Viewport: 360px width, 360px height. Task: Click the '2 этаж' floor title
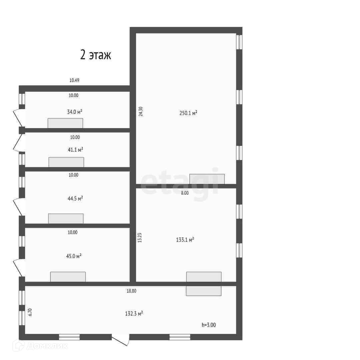pyautogui.click(x=96, y=55)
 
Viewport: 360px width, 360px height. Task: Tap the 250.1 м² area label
pyautogui.click(x=188, y=113)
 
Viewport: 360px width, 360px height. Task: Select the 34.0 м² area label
pyautogui.click(x=75, y=112)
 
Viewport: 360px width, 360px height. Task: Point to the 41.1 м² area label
pyautogui.click(x=75, y=150)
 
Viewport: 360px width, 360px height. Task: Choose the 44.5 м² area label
pyautogui.click(x=75, y=198)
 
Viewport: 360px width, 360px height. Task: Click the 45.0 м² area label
pyautogui.click(x=74, y=256)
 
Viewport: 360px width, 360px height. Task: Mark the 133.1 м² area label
pyautogui.click(x=185, y=240)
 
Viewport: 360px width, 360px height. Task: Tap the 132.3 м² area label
pyautogui.click(x=134, y=313)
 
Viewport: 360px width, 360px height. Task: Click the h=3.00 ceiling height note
pyautogui.click(x=209, y=325)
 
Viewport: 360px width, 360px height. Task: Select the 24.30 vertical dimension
pyautogui.click(x=141, y=112)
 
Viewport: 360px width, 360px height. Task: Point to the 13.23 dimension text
pyautogui.click(x=140, y=238)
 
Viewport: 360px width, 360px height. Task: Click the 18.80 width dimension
pyautogui.click(x=131, y=291)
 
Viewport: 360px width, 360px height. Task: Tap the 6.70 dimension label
pyautogui.click(x=30, y=312)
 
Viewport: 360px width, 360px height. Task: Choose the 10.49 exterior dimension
pyautogui.click(x=74, y=80)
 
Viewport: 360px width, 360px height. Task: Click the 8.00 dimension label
pyautogui.click(x=185, y=193)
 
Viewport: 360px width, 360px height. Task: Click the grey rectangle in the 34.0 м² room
pyautogui.click(x=65, y=123)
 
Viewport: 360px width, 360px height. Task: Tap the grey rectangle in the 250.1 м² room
pyautogui.click(x=207, y=179)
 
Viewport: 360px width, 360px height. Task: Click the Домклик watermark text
pyautogui.click(x=47, y=346)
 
